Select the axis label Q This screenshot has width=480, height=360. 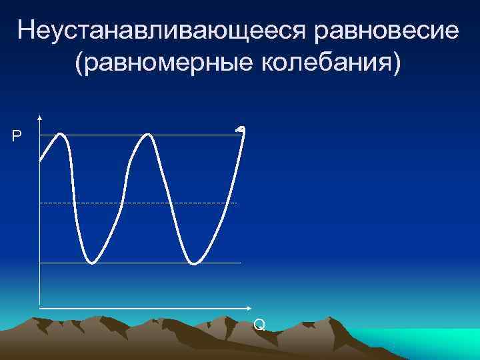(x=259, y=325)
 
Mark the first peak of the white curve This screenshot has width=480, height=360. (x=61, y=135)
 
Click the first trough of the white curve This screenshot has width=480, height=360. (x=92, y=262)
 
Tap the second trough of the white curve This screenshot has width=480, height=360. (x=194, y=263)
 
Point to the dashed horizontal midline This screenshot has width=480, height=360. (x=133, y=202)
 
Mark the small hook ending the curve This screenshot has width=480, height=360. (x=241, y=128)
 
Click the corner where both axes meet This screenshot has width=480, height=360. (x=40, y=309)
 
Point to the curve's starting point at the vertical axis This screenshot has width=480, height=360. (x=41, y=160)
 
